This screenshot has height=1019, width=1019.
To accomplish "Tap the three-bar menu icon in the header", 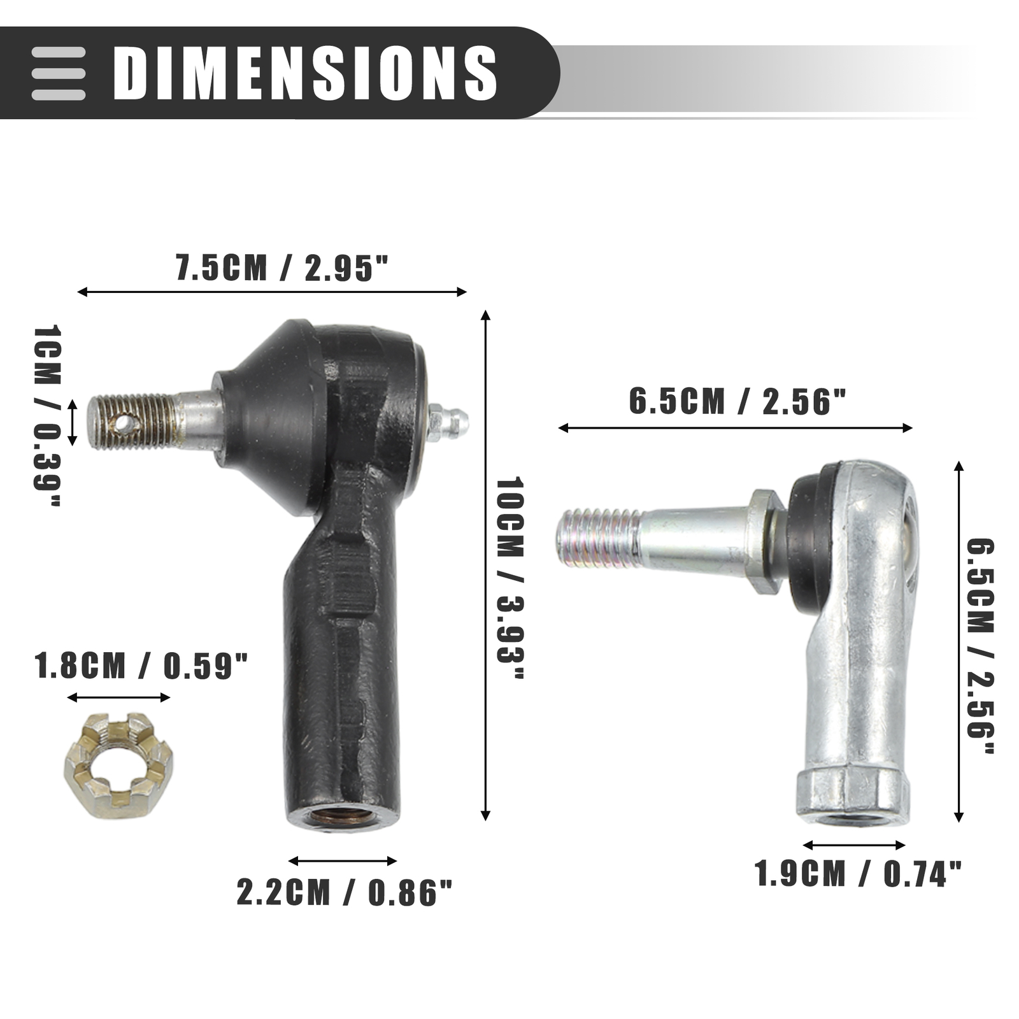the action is [x=59, y=73].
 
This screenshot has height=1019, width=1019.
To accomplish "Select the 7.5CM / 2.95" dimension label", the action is [x=281, y=267].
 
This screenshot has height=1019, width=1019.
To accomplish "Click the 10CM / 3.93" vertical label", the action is [x=509, y=578].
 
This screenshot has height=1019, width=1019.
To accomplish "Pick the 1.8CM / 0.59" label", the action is [x=141, y=666].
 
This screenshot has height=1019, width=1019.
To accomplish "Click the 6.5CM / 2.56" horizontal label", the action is [x=738, y=402].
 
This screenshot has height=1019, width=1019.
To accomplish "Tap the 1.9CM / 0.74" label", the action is [x=858, y=873].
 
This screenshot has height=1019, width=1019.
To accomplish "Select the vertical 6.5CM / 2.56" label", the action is [x=980, y=647].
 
